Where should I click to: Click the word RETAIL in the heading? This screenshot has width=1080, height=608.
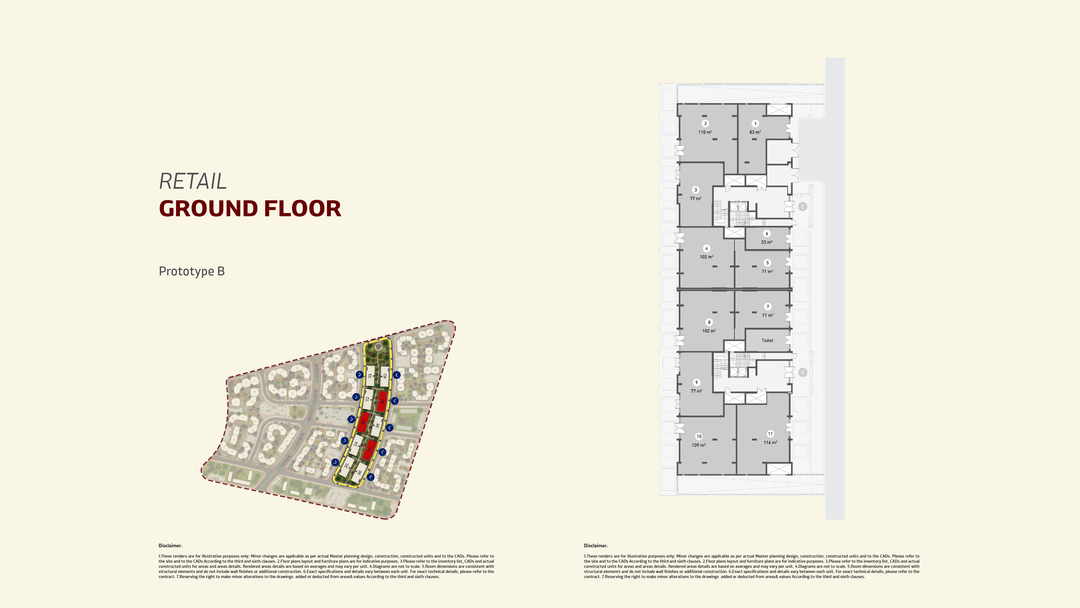(x=193, y=181)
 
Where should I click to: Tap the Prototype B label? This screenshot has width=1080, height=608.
(x=192, y=271)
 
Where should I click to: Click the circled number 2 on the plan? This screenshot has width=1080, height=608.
(x=705, y=123)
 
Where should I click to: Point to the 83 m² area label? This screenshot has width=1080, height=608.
(x=755, y=132)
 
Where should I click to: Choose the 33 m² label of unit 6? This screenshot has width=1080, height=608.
(x=767, y=242)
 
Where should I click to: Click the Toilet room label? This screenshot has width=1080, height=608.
(x=767, y=340)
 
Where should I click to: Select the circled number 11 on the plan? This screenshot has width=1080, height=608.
(x=770, y=434)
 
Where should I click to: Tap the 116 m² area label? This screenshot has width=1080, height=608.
(x=770, y=443)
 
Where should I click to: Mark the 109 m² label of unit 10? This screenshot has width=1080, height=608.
(x=698, y=445)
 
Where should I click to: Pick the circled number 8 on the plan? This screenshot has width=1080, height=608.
(x=709, y=322)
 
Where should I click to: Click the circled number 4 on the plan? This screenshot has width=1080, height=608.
(x=706, y=248)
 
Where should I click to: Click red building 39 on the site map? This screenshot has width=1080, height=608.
(x=382, y=401)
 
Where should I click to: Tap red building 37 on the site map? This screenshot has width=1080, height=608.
(x=370, y=450)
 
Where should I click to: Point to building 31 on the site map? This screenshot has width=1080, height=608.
(x=370, y=375)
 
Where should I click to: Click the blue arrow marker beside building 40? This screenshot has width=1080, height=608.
(x=397, y=375)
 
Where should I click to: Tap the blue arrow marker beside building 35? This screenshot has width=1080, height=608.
(x=335, y=462)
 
